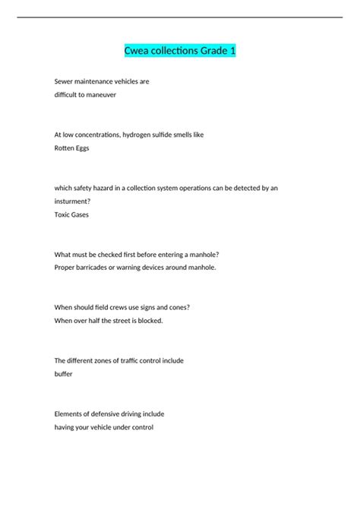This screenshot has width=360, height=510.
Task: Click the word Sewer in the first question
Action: pos(65,81)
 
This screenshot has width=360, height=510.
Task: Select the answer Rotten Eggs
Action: pos(71,148)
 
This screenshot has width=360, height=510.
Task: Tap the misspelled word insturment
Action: pos(74,201)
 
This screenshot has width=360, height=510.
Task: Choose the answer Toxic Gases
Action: pos(71,215)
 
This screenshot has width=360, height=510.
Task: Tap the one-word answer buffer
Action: pos(64,374)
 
